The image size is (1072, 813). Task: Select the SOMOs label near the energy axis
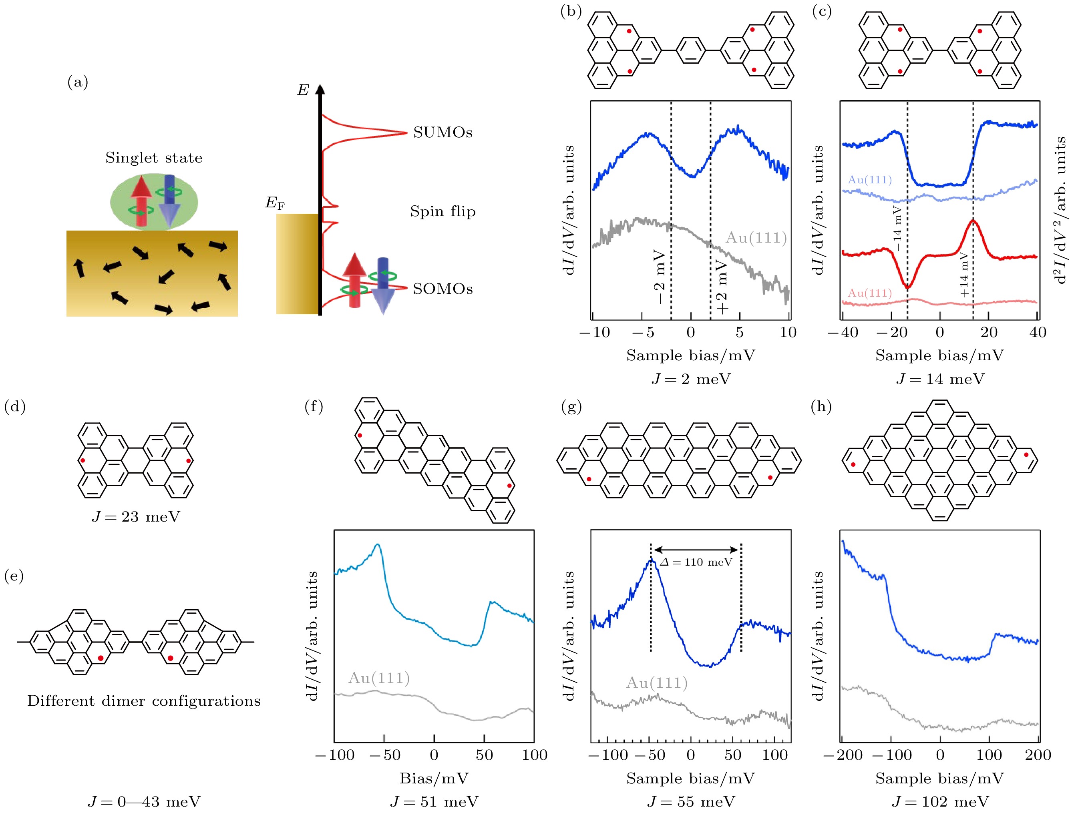point(442,289)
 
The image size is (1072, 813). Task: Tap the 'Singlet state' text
point(154,158)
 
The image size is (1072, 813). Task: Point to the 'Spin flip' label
point(442,211)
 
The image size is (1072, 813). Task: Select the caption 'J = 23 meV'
point(136,516)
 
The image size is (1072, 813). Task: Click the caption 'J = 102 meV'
point(940,801)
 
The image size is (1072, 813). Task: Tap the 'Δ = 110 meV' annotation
point(696,562)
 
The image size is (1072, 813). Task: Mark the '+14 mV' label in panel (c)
point(964,275)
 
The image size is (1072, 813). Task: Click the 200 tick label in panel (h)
point(1038,755)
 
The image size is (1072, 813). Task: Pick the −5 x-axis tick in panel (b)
point(643,332)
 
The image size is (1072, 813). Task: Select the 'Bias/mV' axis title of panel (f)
point(434,778)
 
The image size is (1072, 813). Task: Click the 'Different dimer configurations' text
point(143,701)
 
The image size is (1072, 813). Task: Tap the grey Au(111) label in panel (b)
point(756,238)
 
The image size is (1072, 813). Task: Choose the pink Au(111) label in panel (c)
point(869,293)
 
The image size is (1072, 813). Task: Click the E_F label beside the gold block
point(274,203)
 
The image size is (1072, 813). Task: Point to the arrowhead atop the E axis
point(320,90)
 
